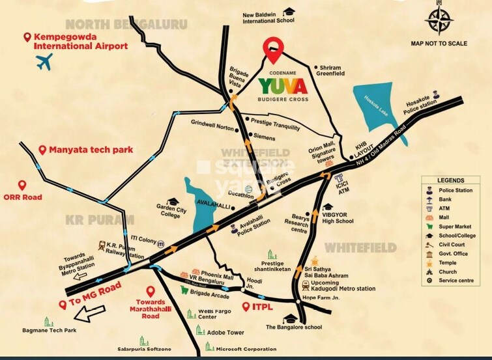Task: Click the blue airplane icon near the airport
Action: (44, 63)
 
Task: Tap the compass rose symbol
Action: (439, 20)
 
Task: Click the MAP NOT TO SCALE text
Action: (439, 44)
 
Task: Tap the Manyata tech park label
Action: (92, 150)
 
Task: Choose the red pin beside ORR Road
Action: (23, 186)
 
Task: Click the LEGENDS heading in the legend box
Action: (451, 180)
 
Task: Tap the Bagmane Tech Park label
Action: (69, 331)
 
